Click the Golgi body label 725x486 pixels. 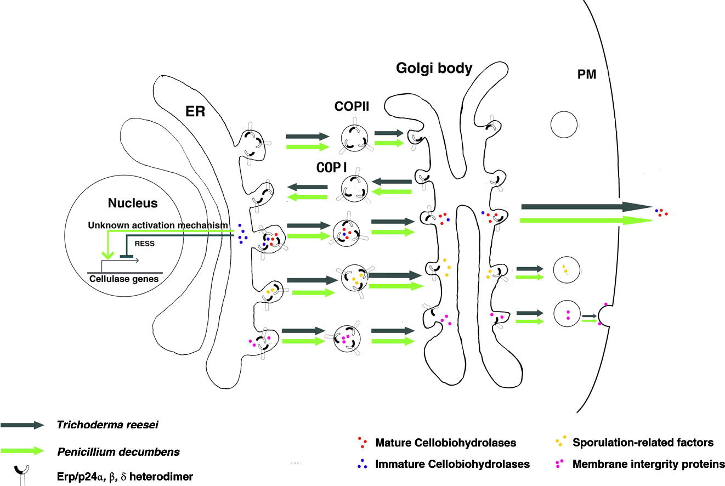(x=434, y=69)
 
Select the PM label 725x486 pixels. (x=587, y=75)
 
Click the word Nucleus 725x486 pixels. (x=133, y=204)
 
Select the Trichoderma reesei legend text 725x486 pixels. (x=103, y=425)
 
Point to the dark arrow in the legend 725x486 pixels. (x=22, y=425)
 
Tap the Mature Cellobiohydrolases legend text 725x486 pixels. (x=446, y=442)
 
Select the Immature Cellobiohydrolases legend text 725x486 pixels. (x=452, y=464)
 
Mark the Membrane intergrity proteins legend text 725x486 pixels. (x=648, y=464)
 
